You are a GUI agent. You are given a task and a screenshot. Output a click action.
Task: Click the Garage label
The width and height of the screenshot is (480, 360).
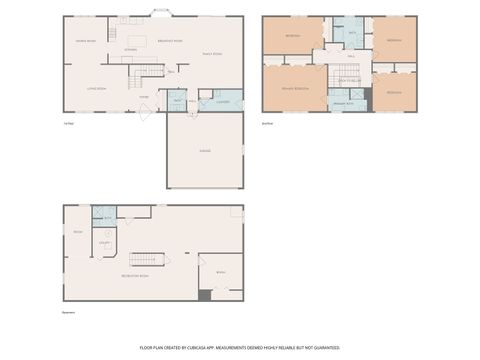click(204, 150)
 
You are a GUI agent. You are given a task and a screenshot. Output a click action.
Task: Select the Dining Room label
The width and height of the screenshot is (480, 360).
click(85, 41)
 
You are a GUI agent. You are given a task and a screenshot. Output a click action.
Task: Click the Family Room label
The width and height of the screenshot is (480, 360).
click(212, 54)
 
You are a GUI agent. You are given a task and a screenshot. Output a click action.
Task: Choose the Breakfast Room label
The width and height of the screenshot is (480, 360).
click(170, 41)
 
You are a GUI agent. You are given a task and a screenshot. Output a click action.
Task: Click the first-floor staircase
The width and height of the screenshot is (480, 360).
click(150, 69)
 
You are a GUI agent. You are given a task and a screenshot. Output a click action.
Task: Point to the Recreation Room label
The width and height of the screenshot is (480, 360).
click(135, 274)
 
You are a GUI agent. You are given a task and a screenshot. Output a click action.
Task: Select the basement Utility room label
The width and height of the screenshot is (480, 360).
click(104, 241)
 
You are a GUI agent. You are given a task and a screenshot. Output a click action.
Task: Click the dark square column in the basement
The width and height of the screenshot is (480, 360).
click(204, 294)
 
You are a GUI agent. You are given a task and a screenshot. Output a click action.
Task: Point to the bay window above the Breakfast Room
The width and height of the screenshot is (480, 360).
click(160, 13)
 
